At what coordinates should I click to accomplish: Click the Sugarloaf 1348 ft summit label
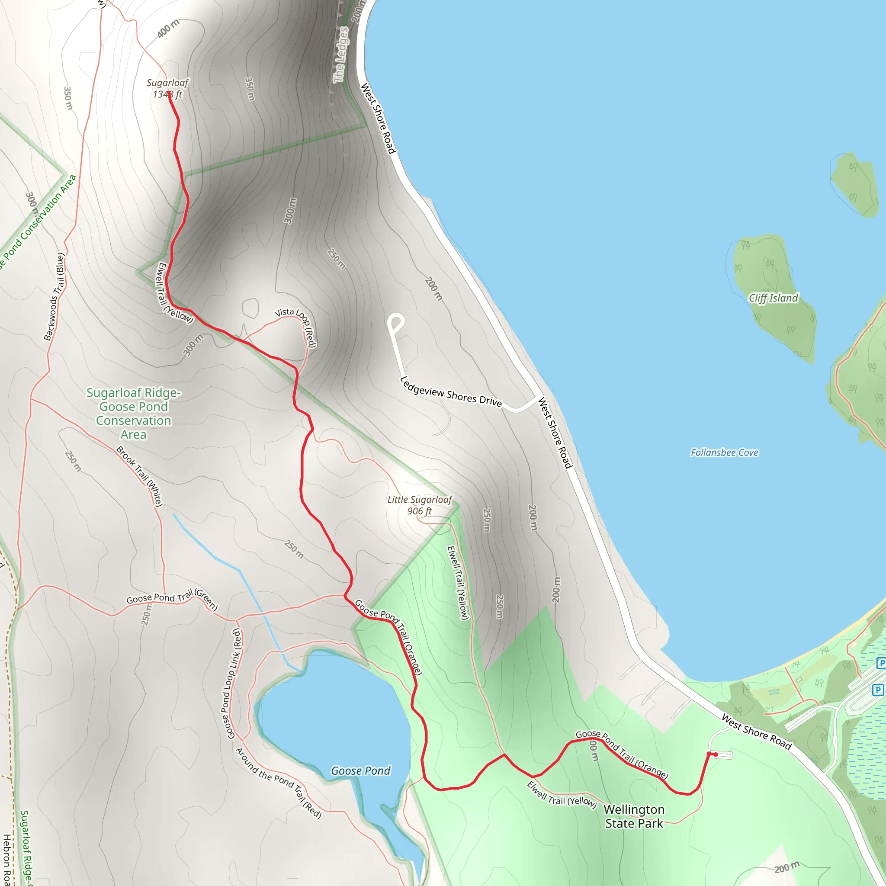coord(167,89)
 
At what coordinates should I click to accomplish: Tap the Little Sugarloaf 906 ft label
coord(420,505)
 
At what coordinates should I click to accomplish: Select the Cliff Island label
coord(773,298)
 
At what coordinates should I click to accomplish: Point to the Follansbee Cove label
coord(724,453)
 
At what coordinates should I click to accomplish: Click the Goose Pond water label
coord(360,771)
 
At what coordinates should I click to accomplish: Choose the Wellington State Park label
coord(634,816)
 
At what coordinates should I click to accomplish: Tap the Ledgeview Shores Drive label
coord(451,391)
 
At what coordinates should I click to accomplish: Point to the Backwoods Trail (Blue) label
coord(54,296)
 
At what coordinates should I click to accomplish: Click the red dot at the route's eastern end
coord(716,754)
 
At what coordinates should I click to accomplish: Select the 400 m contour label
coord(168,29)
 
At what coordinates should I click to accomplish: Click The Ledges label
coord(340,55)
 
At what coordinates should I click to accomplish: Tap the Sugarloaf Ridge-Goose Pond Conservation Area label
coord(133,413)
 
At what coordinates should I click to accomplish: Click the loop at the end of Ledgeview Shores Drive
coord(396,321)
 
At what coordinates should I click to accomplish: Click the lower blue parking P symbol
coord(878,690)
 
